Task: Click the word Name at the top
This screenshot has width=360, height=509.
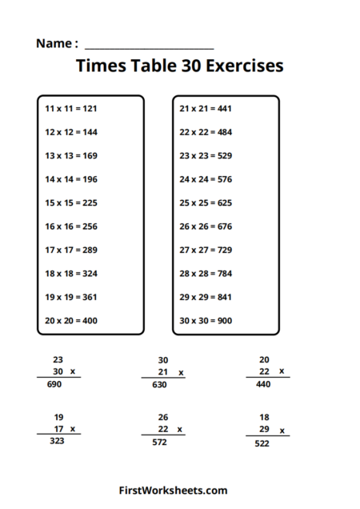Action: pos(54,43)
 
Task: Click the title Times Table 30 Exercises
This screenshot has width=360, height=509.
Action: pos(179,66)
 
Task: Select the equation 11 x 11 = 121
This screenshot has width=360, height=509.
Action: pos(71,108)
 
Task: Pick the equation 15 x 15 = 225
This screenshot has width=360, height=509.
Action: pos(71,202)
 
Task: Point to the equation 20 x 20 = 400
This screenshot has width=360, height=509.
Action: pos(71,320)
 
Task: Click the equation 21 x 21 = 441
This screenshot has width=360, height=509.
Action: pos(206,108)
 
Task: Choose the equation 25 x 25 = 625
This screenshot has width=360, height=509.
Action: pos(206,202)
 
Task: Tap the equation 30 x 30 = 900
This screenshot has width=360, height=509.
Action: pos(206,320)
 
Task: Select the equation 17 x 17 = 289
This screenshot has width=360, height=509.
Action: pos(71,250)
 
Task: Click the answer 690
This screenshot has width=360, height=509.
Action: pos(54,385)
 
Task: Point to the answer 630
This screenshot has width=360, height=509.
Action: pos(159,385)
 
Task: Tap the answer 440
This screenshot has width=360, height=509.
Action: pos(263,384)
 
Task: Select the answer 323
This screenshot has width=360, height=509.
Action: pos(58,441)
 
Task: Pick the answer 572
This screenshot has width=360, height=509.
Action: pos(159,442)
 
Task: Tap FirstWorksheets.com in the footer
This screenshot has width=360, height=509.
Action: pos(173,490)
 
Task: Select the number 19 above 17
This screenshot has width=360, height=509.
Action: pos(58,417)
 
